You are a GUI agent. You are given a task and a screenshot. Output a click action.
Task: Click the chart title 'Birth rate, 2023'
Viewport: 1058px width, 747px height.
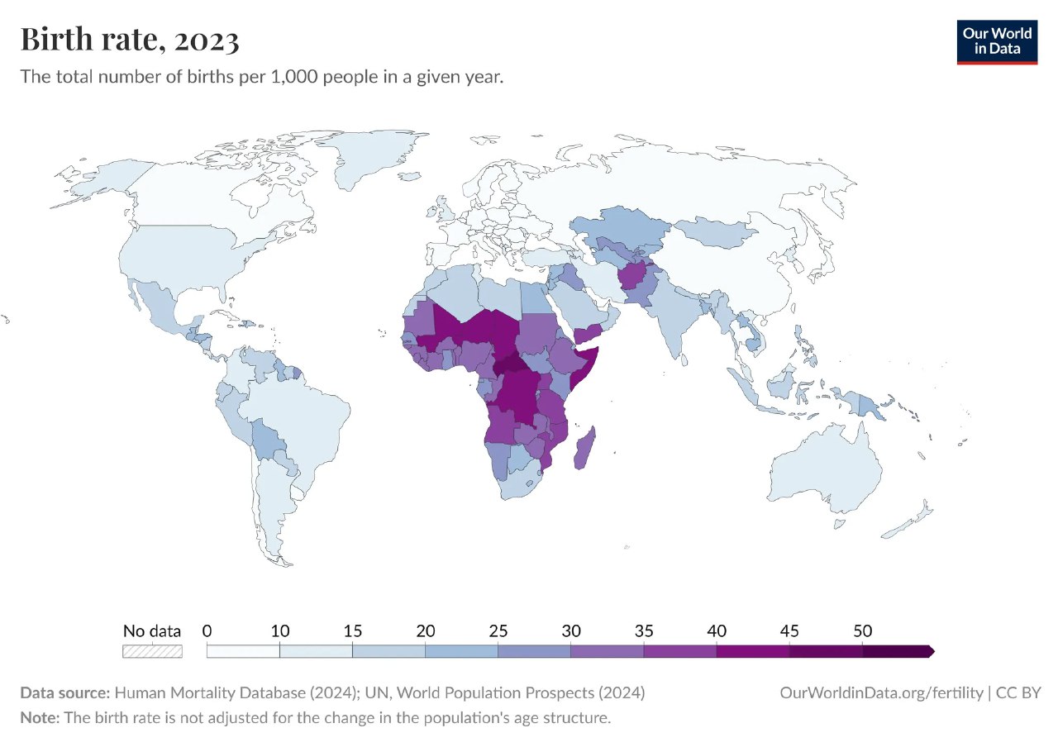[x=130, y=40]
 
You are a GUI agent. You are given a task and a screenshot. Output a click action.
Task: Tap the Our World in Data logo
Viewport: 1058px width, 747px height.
[x=997, y=40]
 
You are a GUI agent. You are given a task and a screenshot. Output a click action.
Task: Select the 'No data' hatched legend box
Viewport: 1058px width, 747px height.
[x=152, y=651]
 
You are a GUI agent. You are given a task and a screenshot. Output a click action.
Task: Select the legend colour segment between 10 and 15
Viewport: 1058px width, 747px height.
[x=316, y=651]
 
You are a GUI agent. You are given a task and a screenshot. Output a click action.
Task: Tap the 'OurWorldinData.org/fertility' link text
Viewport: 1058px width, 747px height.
[x=881, y=692]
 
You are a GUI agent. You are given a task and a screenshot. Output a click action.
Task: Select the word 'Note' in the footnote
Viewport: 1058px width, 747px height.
[x=38, y=717]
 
